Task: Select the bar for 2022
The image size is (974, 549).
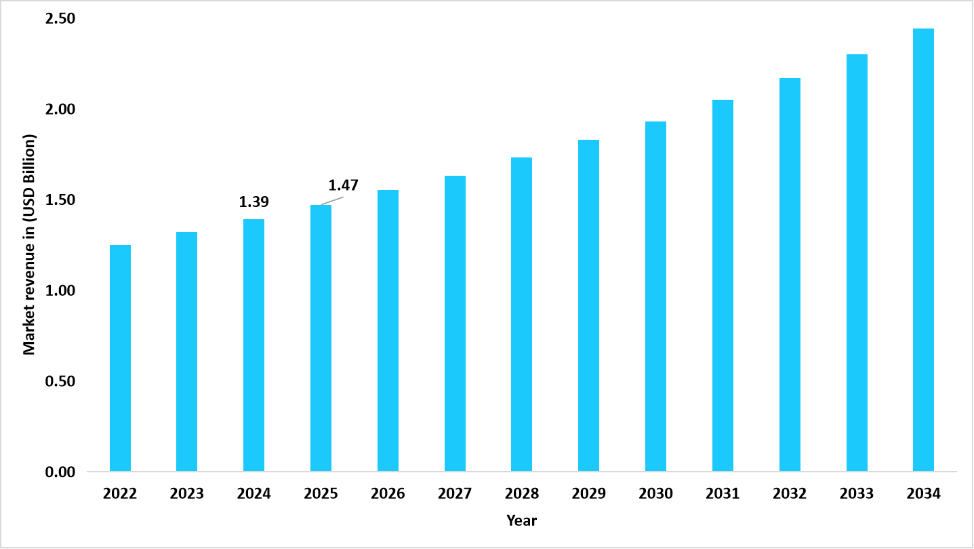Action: (120, 358)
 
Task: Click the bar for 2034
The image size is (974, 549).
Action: (923, 250)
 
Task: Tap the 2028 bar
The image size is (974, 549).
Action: (522, 314)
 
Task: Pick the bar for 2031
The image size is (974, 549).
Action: (723, 285)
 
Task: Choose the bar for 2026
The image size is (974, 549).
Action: (388, 330)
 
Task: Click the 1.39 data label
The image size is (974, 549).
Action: (254, 202)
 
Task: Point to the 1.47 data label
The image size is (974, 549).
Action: (343, 185)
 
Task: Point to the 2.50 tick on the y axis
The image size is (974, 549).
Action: (60, 19)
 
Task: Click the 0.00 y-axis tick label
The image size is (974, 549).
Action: (60, 472)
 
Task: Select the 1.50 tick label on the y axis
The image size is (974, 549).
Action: (60, 200)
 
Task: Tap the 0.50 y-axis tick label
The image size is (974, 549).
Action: (60, 381)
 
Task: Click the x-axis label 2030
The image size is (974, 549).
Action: (655, 494)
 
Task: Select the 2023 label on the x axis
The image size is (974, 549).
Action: (186, 494)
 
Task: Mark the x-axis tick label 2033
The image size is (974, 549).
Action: (857, 494)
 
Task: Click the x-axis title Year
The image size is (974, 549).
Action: (521, 520)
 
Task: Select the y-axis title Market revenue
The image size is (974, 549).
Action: (28, 244)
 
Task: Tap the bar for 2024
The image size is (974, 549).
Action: (254, 345)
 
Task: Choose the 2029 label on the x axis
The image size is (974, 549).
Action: (588, 494)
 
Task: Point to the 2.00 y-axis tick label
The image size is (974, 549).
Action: (60, 109)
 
